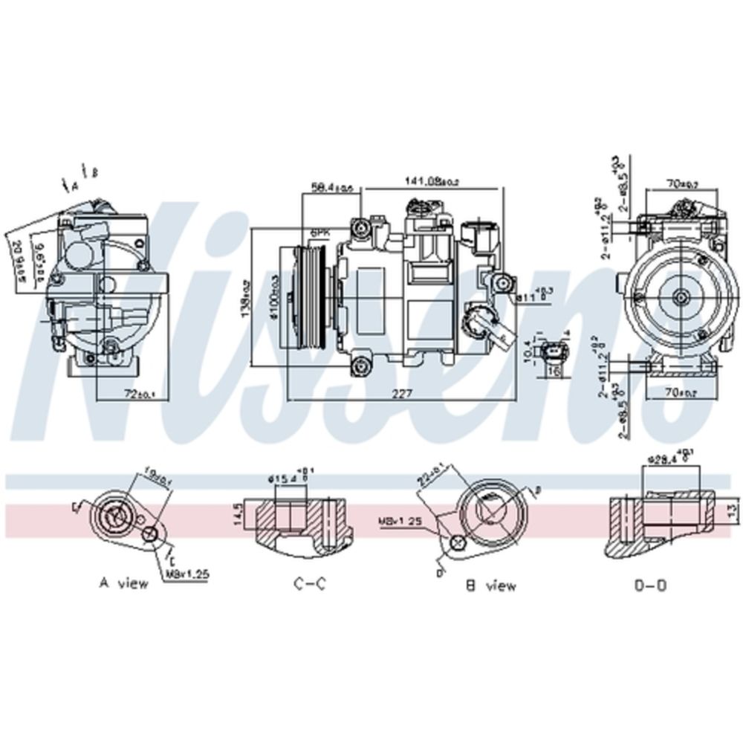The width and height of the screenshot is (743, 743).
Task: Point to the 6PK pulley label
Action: click(x=319, y=233)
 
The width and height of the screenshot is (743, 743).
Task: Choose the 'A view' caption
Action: click(x=124, y=583)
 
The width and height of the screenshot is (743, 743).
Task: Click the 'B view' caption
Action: click(x=490, y=585)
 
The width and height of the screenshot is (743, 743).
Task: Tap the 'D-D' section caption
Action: click(x=650, y=585)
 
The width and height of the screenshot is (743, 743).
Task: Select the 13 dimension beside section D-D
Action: click(x=730, y=510)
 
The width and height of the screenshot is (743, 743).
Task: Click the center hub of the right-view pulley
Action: click(x=681, y=297)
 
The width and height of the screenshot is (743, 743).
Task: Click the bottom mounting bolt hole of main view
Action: click(x=361, y=364)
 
